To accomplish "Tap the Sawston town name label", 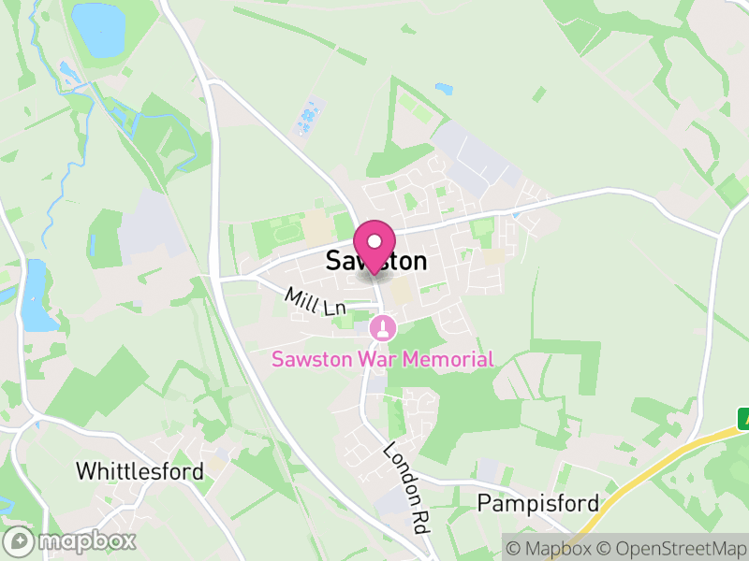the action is tap(376, 262).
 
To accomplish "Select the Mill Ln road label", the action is tap(316, 302).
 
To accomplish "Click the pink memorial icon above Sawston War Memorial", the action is tap(382, 328).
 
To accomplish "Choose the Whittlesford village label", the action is tap(140, 471).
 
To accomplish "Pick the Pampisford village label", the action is tap(538, 504).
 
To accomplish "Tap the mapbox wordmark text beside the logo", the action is tap(87, 540).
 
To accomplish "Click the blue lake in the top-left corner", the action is tap(98, 27).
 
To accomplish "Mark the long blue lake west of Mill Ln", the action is tap(36, 296).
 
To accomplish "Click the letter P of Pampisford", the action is tap(484, 504).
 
